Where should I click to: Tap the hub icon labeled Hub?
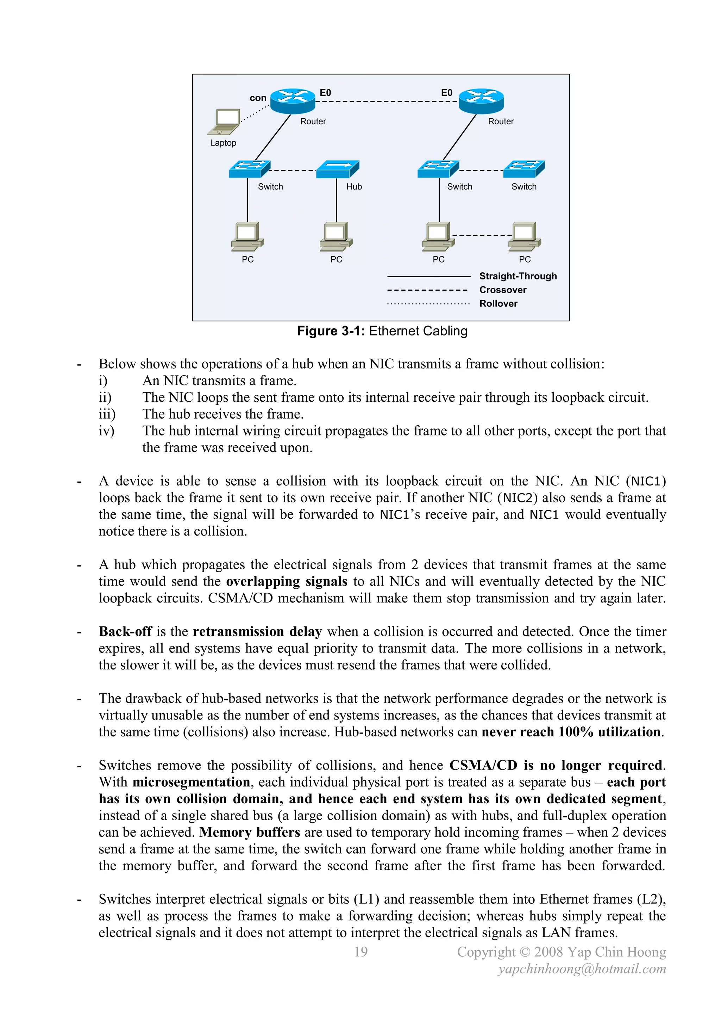coord(337,169)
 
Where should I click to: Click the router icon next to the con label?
coord(293,101)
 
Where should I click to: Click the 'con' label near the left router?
coord(258,98)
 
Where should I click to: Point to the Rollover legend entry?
coord(498,303)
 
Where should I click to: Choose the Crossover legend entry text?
coord(503,290)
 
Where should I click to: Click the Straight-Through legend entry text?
coord(518,276)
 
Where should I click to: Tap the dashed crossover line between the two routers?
coord(386,101)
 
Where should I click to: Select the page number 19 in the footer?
coord(360,952)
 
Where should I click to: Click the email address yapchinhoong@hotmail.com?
coord(582,969)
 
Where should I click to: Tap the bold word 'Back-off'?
coord(125,631)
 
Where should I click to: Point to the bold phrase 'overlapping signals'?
coord(286,581)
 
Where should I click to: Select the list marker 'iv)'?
coord(107,431)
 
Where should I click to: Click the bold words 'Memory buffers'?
coord(250,832)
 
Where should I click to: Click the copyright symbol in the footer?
coord(525,952)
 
